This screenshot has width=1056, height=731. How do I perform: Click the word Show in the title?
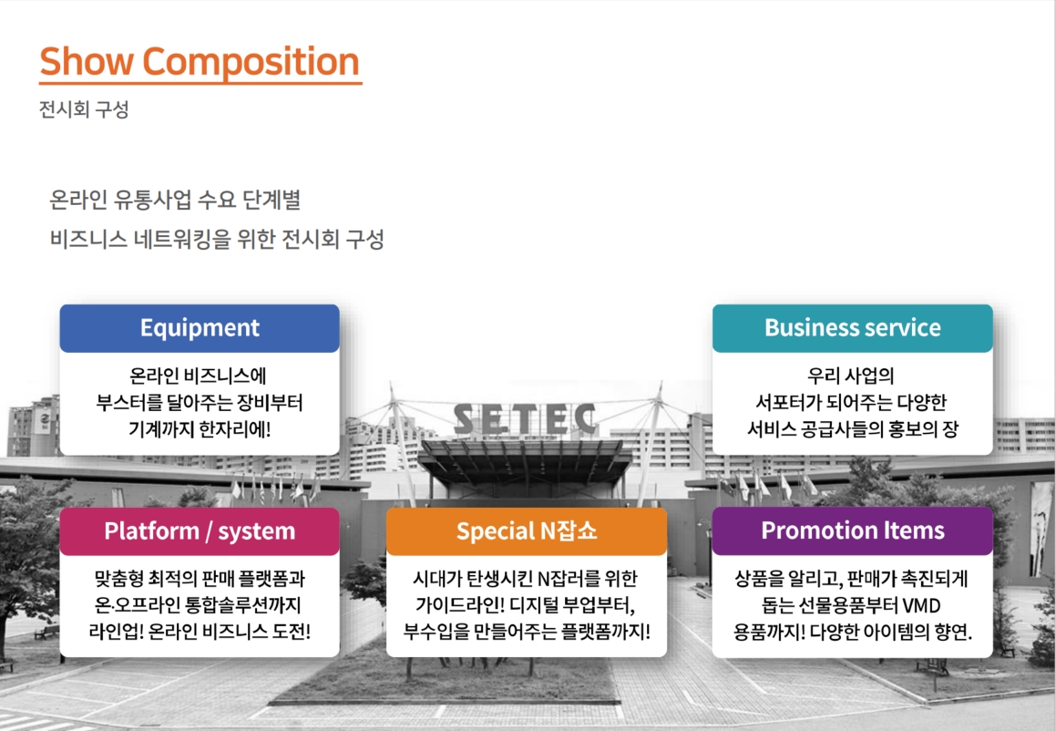click(x=87, y=61)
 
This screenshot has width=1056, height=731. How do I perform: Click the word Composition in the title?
click(x=251, y=63)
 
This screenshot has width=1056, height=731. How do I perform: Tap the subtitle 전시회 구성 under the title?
click(x=84, y=109)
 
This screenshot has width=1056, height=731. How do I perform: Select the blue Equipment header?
click(x=200, y=328)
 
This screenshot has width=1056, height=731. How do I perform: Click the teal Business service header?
click(x=853, y=328)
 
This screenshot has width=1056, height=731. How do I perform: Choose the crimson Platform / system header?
click(x=200, y=531)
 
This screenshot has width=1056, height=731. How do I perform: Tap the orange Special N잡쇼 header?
click(x=526, y=531)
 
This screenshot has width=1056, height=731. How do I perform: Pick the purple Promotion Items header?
click(x=853, y=530)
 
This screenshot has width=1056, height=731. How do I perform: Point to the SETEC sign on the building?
click(x=525, y=419)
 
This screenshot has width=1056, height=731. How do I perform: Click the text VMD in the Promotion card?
click(x=920, y=606)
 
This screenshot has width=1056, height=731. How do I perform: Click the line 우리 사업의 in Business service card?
click(x=851, y=376)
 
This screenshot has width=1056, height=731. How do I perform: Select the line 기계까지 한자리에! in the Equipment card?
click(x=200, y=429)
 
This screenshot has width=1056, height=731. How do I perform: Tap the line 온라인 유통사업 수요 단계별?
click(x=175, y=201)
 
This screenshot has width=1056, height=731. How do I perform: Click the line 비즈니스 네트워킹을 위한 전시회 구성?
click(x=217, y=239)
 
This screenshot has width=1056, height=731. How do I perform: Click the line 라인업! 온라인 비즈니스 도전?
click(x=200, y=632)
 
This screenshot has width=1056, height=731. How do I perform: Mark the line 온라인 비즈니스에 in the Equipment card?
click(x=198, y=376)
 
